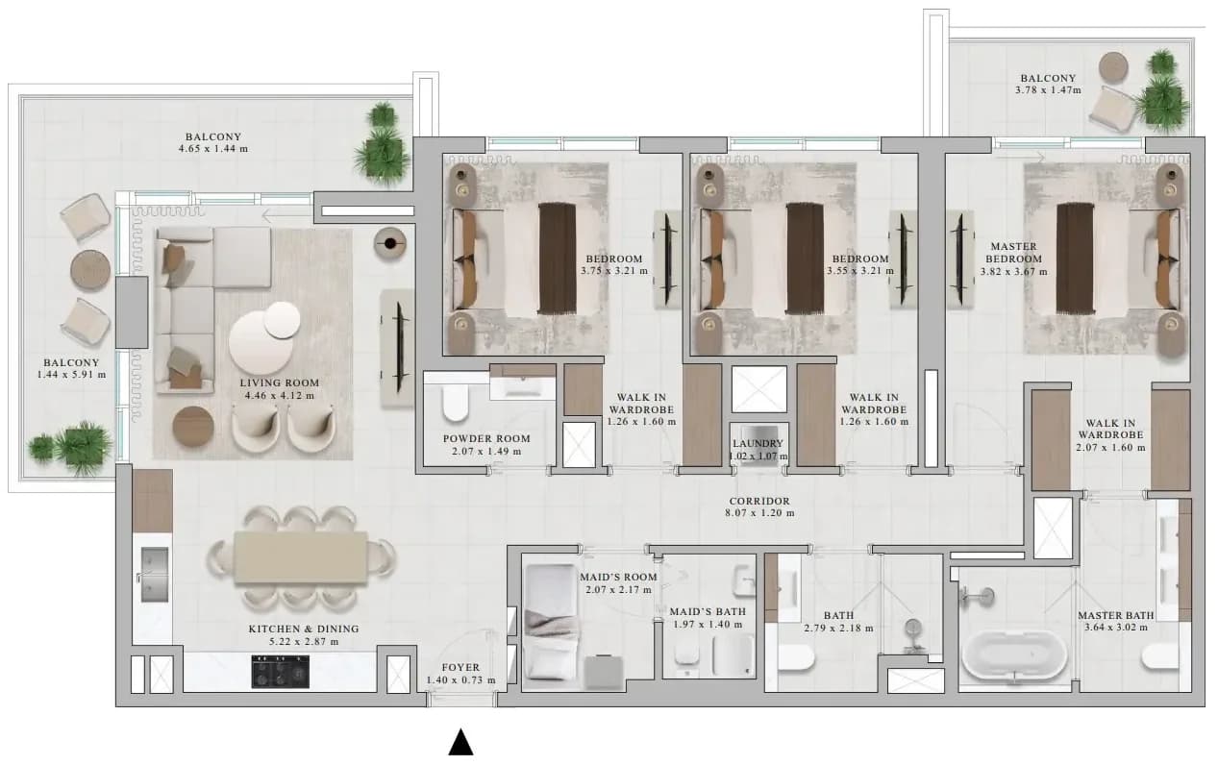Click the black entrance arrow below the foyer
click(x=460, y=743)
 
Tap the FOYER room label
click(x=460, y=667)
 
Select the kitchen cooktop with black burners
click(x=280, y=672)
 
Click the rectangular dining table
click(x=301, y=557)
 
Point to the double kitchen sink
click(x=155, y=575)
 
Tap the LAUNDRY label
click(x=758, y=444)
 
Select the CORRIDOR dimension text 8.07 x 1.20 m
click(x=759, y=512)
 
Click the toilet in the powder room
click(x=455, y=403)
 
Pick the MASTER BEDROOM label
click(x=1013, y=253)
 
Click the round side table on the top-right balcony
click(x=1113, y=67)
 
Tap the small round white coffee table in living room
click(x=282, y=320)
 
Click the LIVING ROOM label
click(x=280, y=382)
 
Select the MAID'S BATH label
click(x=708, y=611)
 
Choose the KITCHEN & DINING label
click(x=304, y=629)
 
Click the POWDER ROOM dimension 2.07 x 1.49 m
click(x=486, y=452)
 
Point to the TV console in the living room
click(x=398, y=348)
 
